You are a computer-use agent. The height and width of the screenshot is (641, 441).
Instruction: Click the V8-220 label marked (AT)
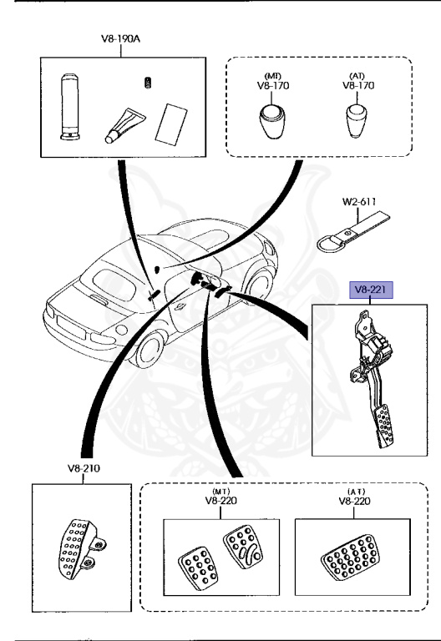[x=355, y=502]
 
